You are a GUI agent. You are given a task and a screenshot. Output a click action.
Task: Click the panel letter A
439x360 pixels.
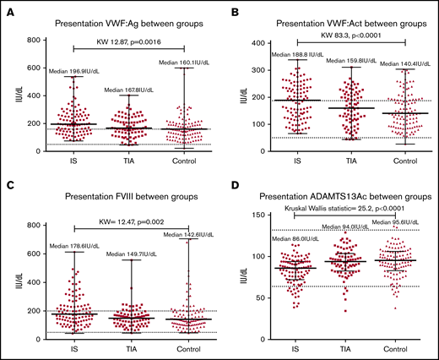(7, 10)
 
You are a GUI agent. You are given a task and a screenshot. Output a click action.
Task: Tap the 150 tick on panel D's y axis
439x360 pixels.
(256, 216)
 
